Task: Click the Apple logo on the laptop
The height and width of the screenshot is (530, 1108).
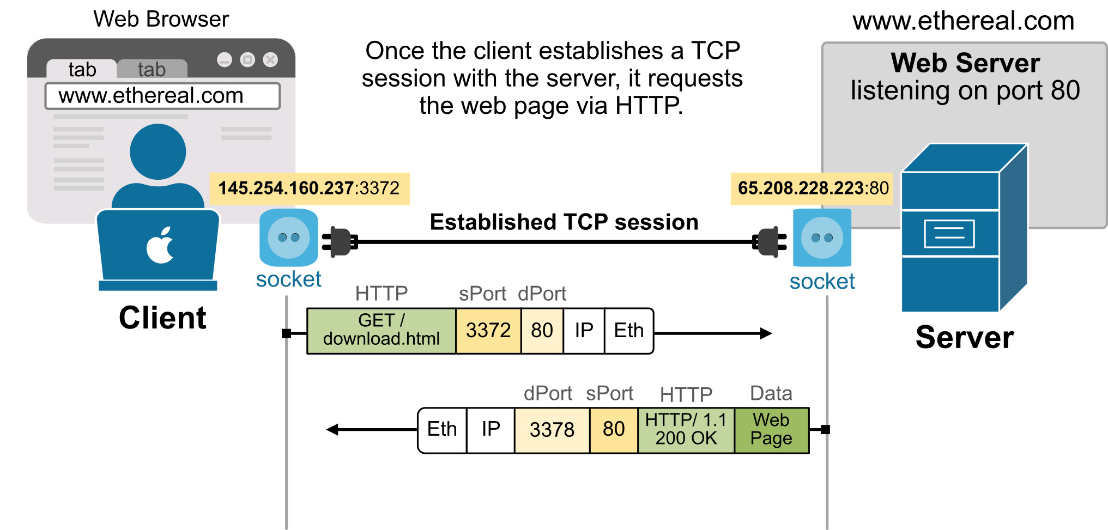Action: [x=160, y=246]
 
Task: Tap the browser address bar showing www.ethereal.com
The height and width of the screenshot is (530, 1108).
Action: [x=162, y=96]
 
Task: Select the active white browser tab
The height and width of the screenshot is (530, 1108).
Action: [x=82, y=69]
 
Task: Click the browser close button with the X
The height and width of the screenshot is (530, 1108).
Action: [x=270, y=59]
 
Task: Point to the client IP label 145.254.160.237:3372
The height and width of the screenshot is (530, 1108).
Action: [x=309, y=188]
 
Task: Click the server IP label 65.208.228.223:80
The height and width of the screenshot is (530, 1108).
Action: [x=812, y=188]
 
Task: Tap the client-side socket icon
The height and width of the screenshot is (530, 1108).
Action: [x=288, y=237]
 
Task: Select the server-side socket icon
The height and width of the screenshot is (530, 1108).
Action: [x=822, y=237]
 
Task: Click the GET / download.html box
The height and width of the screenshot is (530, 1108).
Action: [x=381, y=331]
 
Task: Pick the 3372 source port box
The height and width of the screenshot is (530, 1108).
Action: [x=488, y=331]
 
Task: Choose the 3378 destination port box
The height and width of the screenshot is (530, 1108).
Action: [x=552, y=430]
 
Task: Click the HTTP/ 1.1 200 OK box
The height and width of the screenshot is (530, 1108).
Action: [x=686, y=430]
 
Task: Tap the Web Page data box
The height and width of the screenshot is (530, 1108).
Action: [x=771, y=430]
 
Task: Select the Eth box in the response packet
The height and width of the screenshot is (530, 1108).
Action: [x=442, y=430]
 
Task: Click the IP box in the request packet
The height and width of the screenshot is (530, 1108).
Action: [x=584, y=331]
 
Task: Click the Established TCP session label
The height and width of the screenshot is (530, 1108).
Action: [x=564, y=222]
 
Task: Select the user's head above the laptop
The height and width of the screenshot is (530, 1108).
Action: [x=158, y=152]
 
